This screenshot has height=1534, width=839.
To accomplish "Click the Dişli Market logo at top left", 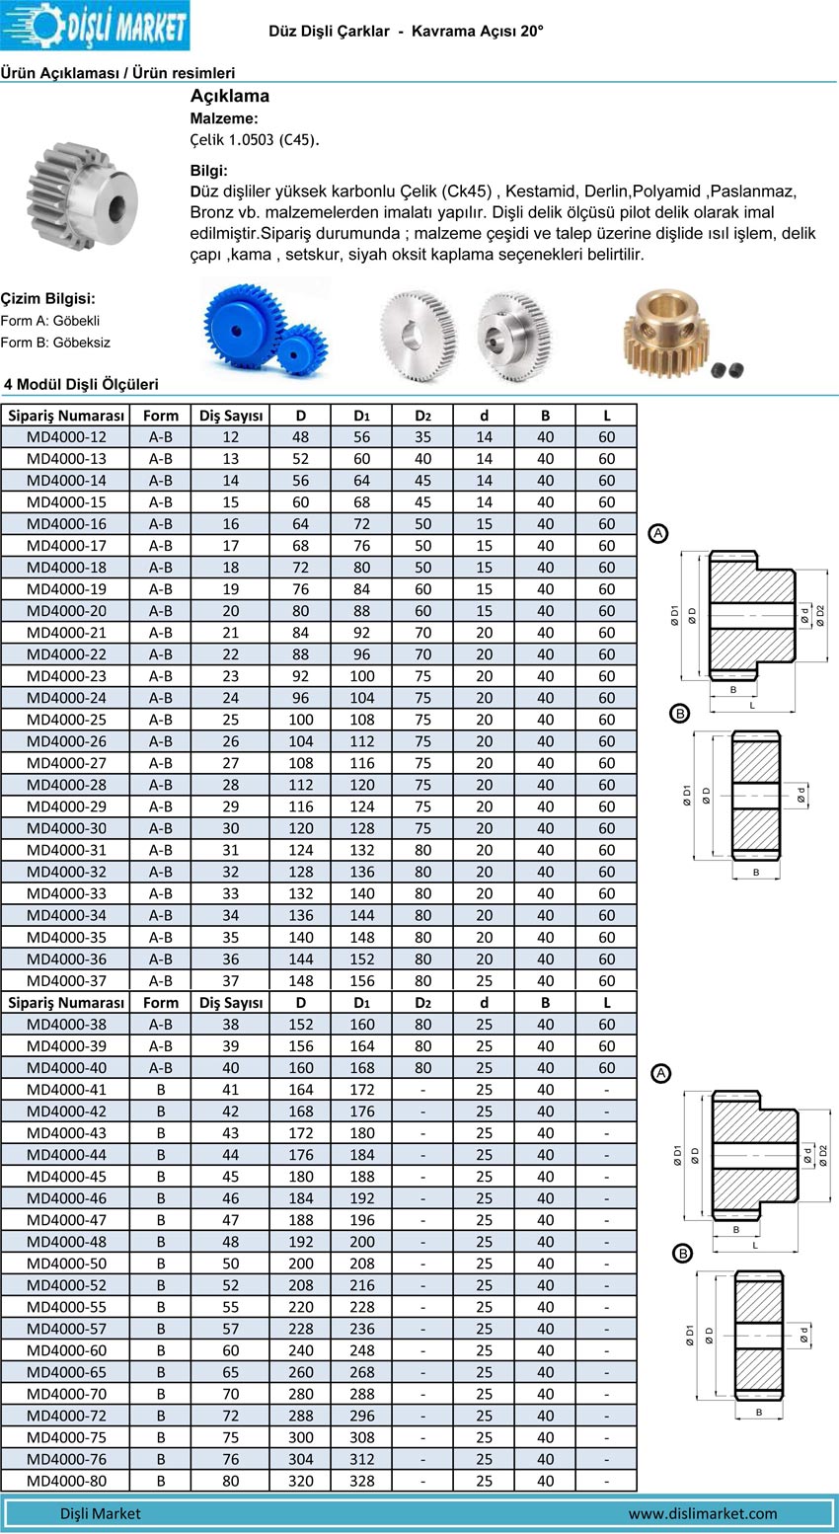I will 95,26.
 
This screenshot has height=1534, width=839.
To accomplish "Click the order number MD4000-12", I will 66,437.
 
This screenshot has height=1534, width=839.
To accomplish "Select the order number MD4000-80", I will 66,1481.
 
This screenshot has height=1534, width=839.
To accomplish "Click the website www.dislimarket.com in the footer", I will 702,1513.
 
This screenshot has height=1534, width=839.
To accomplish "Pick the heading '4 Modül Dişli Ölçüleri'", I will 81,385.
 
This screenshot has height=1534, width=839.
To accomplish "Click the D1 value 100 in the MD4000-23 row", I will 362,676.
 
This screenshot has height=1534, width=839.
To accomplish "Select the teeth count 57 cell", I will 230,1329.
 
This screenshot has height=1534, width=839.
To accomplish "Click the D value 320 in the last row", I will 301,1481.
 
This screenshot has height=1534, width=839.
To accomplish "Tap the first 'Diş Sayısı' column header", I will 231,416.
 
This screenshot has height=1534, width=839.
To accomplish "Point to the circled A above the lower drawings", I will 661,1073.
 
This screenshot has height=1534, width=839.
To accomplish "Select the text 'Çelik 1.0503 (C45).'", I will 255,139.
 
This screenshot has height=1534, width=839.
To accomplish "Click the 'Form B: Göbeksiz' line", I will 55,343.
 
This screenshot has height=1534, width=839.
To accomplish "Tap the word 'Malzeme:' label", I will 224,118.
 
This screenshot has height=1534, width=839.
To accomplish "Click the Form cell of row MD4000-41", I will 161,1090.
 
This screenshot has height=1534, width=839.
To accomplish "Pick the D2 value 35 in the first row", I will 422,437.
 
